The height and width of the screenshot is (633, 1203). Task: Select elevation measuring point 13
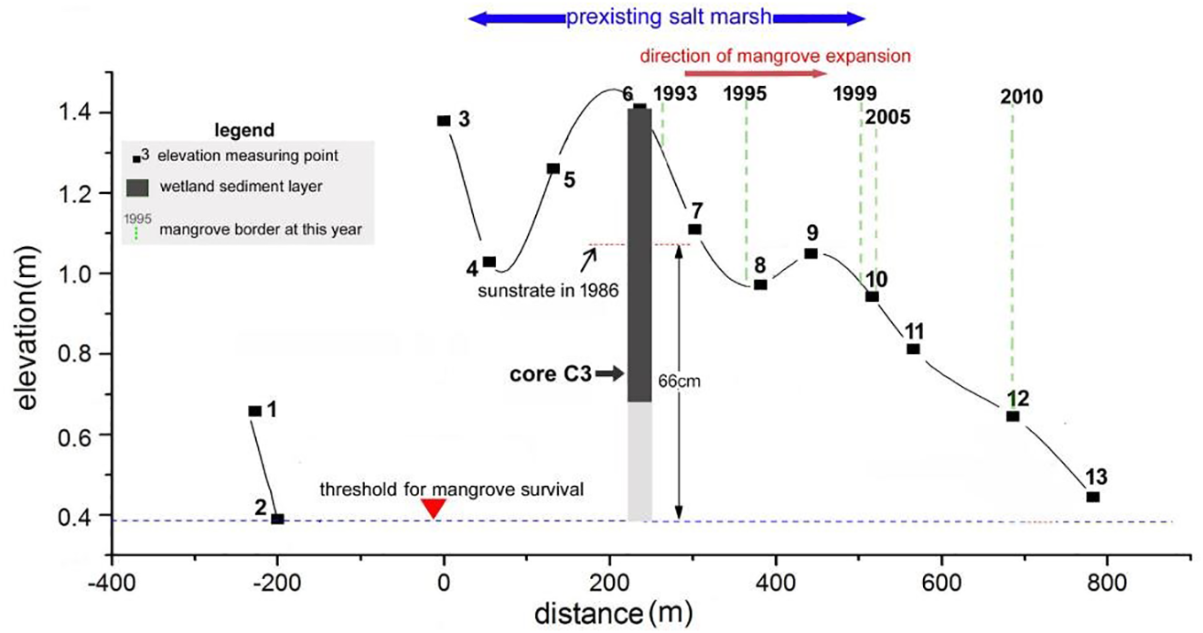coord(1092,497)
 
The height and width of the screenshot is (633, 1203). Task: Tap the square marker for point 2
coord(277,519)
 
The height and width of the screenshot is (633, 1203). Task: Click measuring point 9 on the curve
coord(811,253)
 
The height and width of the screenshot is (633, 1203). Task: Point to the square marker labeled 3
coord(444,120)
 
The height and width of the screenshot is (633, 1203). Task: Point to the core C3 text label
coord(550,374)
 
